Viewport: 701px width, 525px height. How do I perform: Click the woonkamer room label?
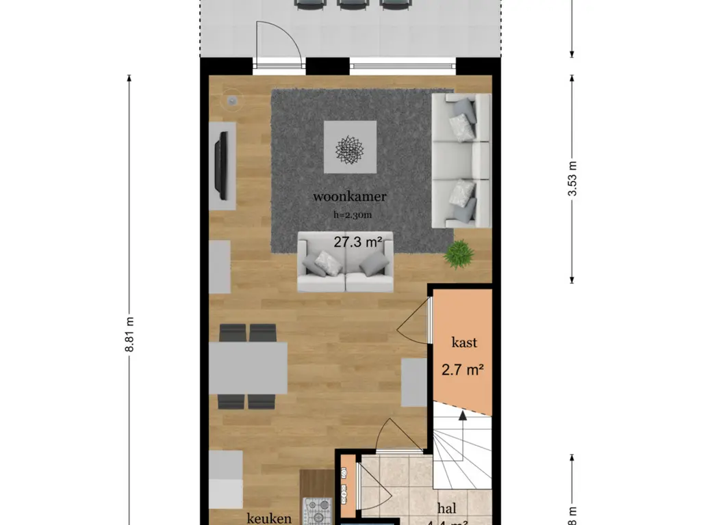point(350,197)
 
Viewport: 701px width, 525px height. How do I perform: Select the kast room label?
point(463,342)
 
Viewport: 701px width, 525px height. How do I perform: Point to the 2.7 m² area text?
point(463,371)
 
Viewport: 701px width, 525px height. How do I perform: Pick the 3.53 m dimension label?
point(572,178)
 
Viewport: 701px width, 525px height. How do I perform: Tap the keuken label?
point(270,518)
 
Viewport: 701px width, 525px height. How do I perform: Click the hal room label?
point(448,509)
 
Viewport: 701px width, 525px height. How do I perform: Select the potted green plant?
point(458,254)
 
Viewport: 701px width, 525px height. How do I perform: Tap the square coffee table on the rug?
point(350,147)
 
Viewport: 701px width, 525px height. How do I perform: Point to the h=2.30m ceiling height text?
point(352,214)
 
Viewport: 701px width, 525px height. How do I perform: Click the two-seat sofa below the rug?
point(346,262)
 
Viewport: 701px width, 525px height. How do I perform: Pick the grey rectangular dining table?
point(248,368)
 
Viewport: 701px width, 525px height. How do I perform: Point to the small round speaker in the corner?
point(233,102)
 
